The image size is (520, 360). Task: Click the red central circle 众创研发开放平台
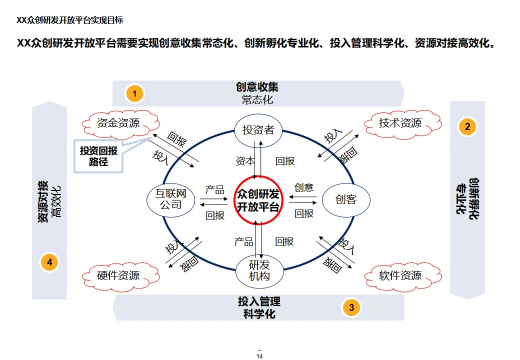(258, 200)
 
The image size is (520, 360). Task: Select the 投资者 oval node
(258, 130)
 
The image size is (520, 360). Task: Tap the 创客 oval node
(346, 200)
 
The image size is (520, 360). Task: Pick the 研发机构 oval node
(259, 270)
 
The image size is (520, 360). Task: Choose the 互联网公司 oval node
(170, 199)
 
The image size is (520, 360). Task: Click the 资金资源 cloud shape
(118, 123)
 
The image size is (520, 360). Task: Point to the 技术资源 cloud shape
(400, 123)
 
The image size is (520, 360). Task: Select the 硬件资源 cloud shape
(118, 275)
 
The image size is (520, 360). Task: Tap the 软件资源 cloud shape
(400, 275)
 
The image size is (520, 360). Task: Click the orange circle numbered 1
(134, 93)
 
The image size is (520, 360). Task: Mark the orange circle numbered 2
(467, 126)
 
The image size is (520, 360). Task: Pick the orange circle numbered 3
(351, 307)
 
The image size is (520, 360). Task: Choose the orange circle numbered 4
(49, 261)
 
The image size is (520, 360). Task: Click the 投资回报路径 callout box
(98, 156)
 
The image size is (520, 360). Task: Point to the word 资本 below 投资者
(245, 161)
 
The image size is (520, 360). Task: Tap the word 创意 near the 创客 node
(304, 187)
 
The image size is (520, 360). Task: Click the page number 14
(259, 356)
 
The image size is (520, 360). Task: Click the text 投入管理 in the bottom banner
(259, 301)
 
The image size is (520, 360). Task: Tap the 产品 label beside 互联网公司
(215, 190)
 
